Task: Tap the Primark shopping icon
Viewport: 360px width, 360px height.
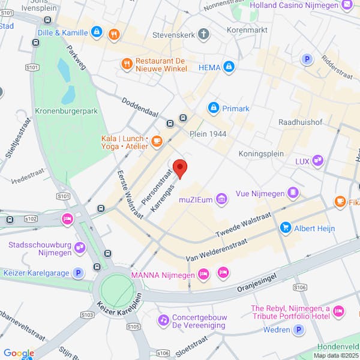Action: click(213, 108)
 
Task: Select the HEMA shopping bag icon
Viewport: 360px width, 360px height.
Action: click(228, 67)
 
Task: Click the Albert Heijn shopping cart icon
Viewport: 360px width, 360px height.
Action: click(286, 228)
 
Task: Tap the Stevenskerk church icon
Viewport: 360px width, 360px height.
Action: click(204, 34)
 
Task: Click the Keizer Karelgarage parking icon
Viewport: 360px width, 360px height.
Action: click(77, 273)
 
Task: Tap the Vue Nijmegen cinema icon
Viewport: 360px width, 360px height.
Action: click(293, 193)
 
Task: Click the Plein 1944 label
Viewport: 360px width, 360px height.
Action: click(208, 133)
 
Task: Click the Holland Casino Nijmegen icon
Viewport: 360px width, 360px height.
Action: click(346, 5)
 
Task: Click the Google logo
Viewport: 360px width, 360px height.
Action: click(18, 353)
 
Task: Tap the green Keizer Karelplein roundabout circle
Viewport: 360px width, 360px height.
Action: click(118, 291)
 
